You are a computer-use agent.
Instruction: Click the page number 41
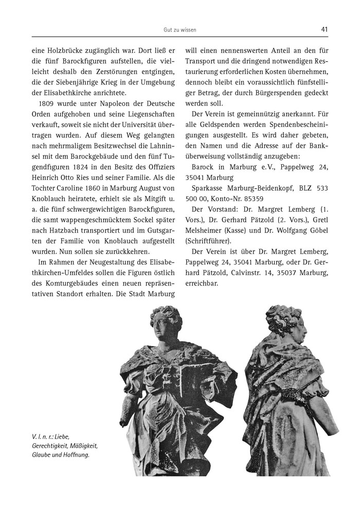(x=324, y=29)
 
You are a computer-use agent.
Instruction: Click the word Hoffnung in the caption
(x=76, y=454)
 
